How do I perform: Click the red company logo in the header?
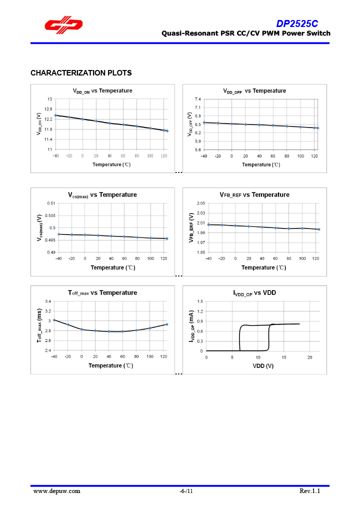[x=63, y=25]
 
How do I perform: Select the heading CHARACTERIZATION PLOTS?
[x=81, y=73]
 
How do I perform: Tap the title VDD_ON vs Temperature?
[x=102, y=91]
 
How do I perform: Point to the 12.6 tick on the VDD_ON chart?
[x=48, y=109]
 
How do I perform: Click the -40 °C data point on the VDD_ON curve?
[x=55, y=115]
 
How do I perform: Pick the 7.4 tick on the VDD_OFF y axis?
[x=197, y=99]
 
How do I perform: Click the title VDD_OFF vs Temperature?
[x=254, y=91]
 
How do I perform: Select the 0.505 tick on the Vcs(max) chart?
[x=51, y=215]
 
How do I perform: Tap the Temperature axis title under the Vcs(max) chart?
[x=112, y=267]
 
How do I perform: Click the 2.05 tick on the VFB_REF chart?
[x=200, y=203]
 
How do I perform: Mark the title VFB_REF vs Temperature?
[x=254, y=194]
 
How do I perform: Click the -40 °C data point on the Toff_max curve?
[x=54, y=320]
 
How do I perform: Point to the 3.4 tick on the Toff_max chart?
[x=48, y=301]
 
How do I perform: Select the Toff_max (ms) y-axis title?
[x=39, y=325]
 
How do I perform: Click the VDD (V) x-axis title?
[x=262, y=365]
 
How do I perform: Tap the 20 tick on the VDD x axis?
[x=310, y=357]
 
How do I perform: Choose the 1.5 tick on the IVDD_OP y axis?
[x=200, y=301]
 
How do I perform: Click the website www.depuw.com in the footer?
[x=56, y=491]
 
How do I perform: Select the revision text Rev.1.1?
[x=309, y=491]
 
